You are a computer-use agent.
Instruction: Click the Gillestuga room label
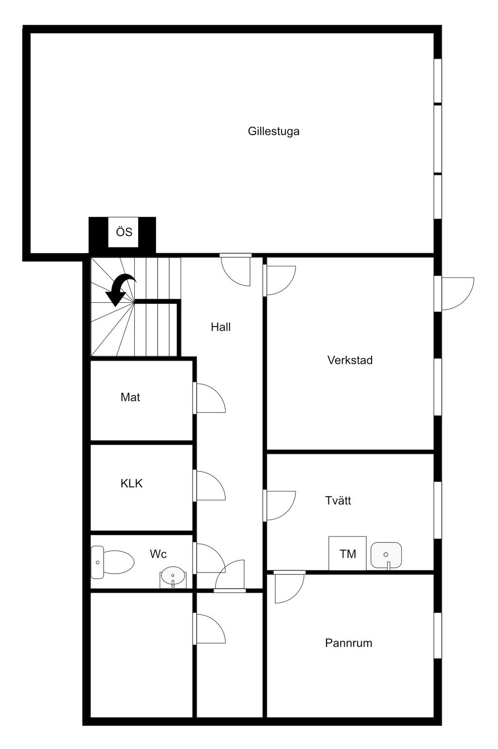click(x=273, y=131)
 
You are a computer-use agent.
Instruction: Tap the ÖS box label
click(x=124, y=232)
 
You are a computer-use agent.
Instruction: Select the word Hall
click(x=220, y=327)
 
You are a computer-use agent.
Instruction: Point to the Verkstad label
click(x=350, y=360)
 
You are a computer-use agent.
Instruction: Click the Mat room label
click(x=130, y=397)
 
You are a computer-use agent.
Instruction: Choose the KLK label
click(x=131, y=484)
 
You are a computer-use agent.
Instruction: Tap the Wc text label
click(x=158, y=554)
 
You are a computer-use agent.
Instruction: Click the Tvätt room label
click(x=338, y=501)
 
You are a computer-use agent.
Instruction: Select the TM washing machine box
click(x=347, y=553)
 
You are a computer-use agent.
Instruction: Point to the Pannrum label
click(x=348, y=643)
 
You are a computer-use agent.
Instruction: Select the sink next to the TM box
click(x=386, y=555)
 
